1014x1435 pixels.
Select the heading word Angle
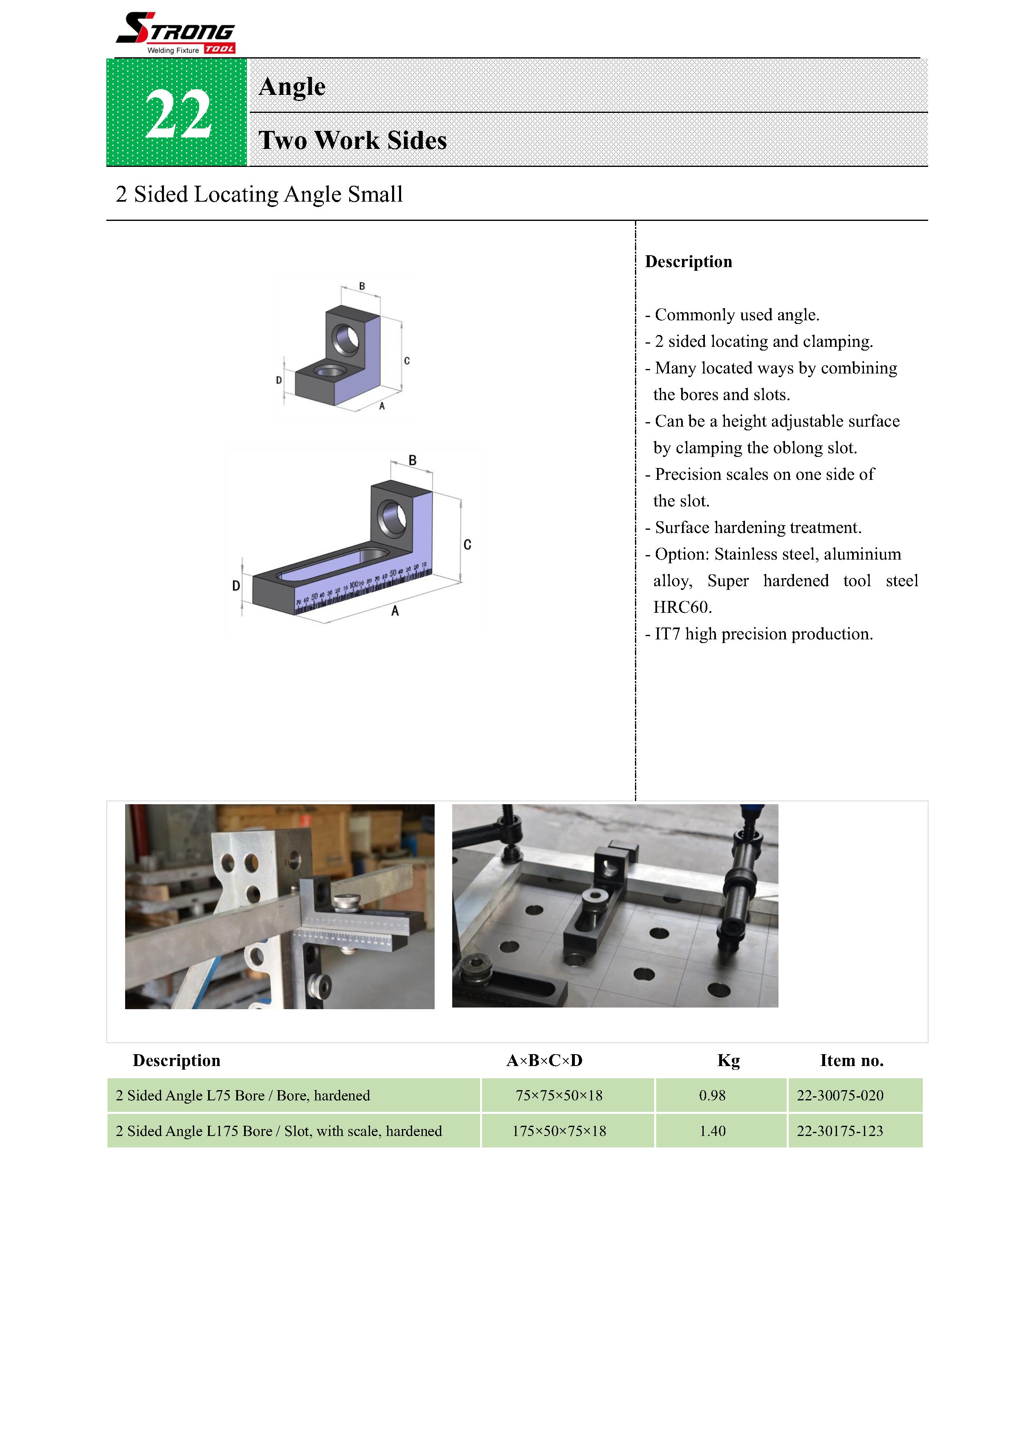tap(292, 86)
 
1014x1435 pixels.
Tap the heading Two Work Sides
tap(352, 140)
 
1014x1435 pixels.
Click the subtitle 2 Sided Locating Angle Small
tap(259, 194)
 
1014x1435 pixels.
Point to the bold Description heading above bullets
tap(688, 261)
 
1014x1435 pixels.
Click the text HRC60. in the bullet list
tap(682, 607)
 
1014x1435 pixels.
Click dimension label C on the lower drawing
tap(467, 544)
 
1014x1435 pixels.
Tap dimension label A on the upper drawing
tap(382, 406)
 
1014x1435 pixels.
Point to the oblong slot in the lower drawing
tap(331, 562)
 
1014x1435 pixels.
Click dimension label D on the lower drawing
tap(236, 586)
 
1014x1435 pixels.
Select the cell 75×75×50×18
tap(559, 1095)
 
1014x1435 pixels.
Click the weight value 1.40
tap(712, 1131)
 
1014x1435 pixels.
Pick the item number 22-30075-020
tap(840, 1095)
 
